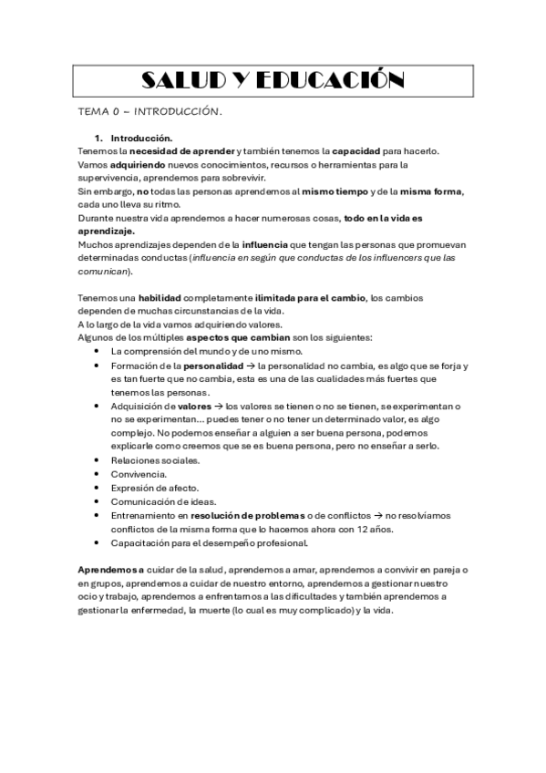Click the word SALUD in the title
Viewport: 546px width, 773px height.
(x=184, y=81)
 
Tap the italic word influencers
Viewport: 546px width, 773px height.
(x=390, y=258)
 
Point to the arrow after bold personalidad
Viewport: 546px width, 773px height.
(x=249, y=366)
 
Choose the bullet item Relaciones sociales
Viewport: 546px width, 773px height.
(x=154, y=460)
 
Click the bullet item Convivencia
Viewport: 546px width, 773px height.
(x=139, y=474)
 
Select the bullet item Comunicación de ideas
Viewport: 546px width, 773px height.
(x=163, y=501)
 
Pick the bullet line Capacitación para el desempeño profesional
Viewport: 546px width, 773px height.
(x=209, y=542)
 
